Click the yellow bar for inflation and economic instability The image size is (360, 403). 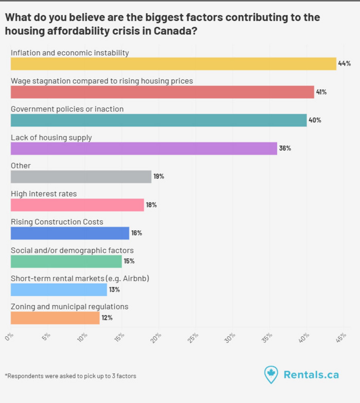(x=173, y=64)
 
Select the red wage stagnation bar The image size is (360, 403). (x=162, y=92)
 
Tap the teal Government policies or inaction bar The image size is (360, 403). (x=158, y=120)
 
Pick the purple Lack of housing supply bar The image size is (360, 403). (x=144, y=148)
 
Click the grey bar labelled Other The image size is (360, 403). (x=81, y=177)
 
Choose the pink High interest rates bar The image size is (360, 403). (x=77, y=205)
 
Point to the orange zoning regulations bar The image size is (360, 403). (x=55, y=318)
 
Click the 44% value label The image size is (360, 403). (x=344, y=64)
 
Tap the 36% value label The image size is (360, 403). (x=285, y=148)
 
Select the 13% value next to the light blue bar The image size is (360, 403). (x=115, y=290)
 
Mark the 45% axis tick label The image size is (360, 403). (x=341, y=338)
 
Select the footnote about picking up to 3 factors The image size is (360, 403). (x=71, y=376)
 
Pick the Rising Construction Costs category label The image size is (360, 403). (x=57, y=222)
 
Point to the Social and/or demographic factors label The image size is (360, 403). (x=72, y=250)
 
